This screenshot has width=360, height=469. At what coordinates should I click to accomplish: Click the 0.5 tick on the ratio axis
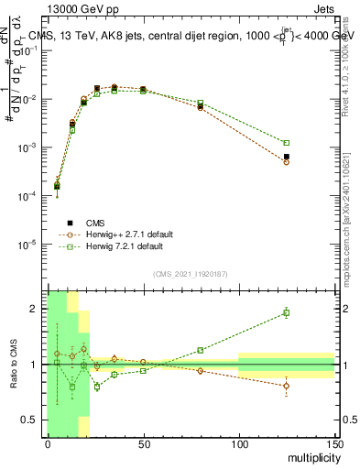(33, 420)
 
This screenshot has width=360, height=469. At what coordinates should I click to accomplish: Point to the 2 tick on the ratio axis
(37, 309)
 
